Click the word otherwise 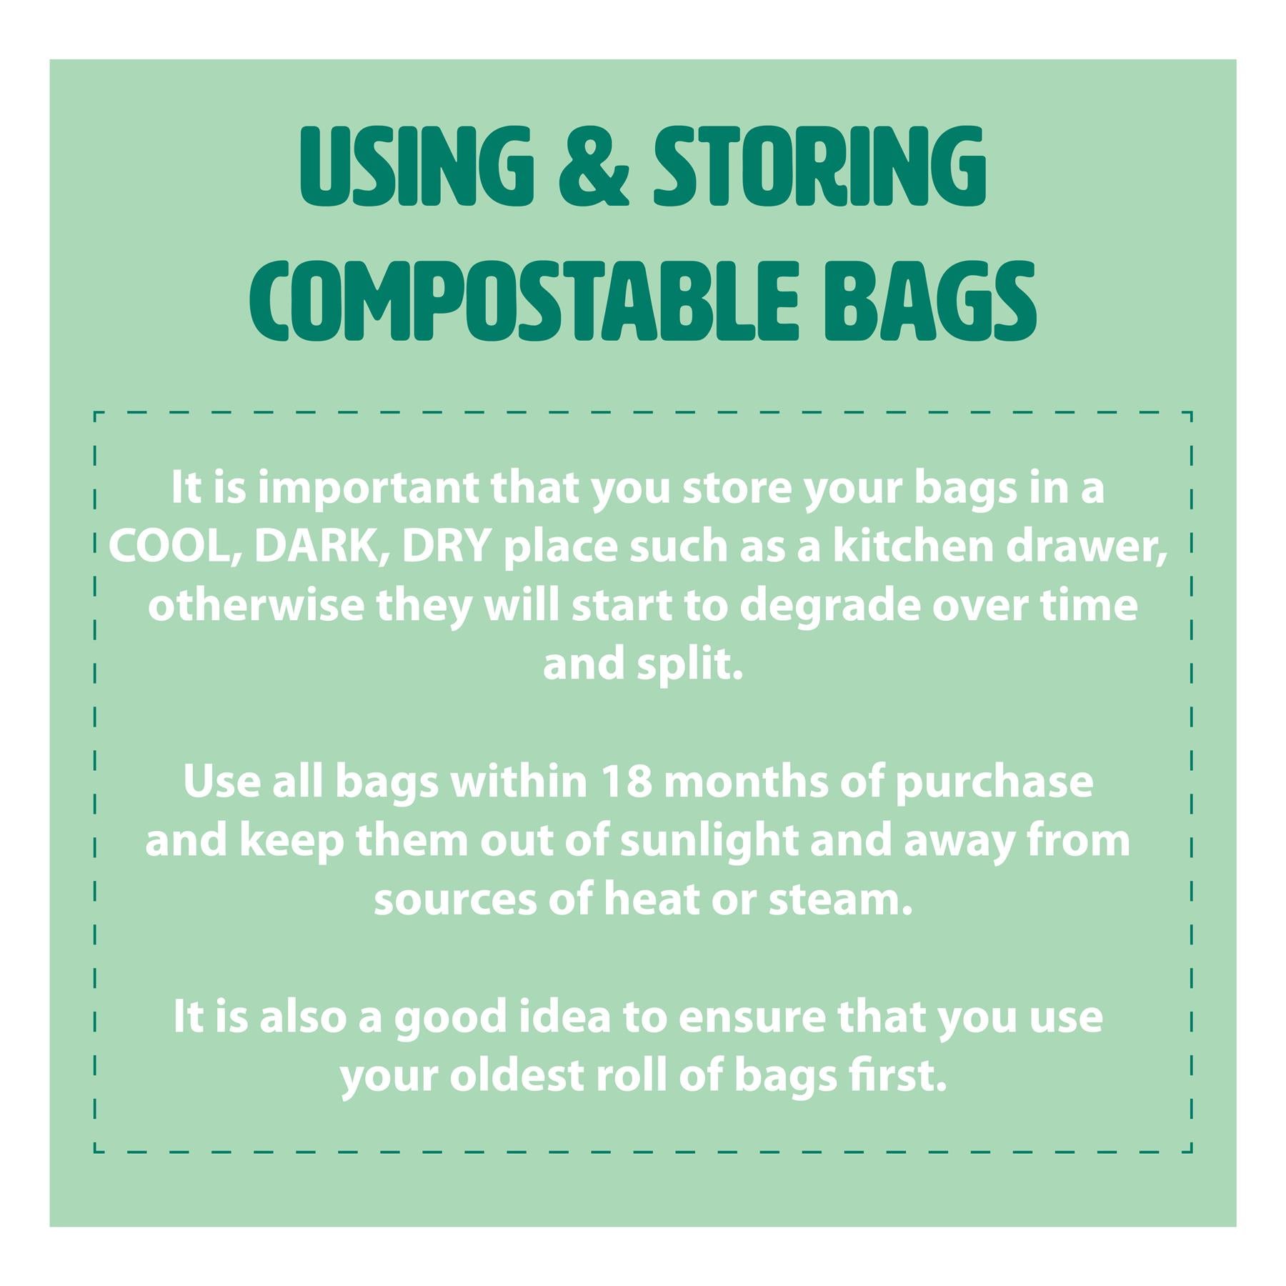pos(256,606)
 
